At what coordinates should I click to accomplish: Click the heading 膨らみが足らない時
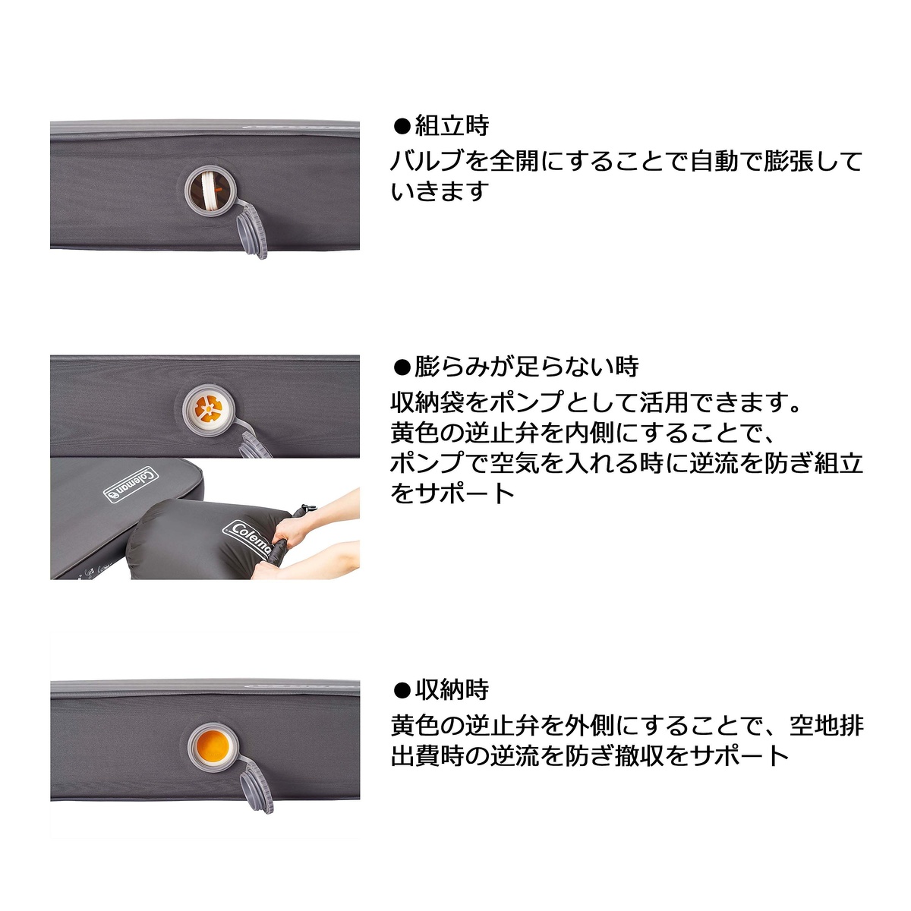click(x=526, y=367)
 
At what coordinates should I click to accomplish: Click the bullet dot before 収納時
click(x=402, y=691)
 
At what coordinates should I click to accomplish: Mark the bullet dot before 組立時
click(x=402, y=126)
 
